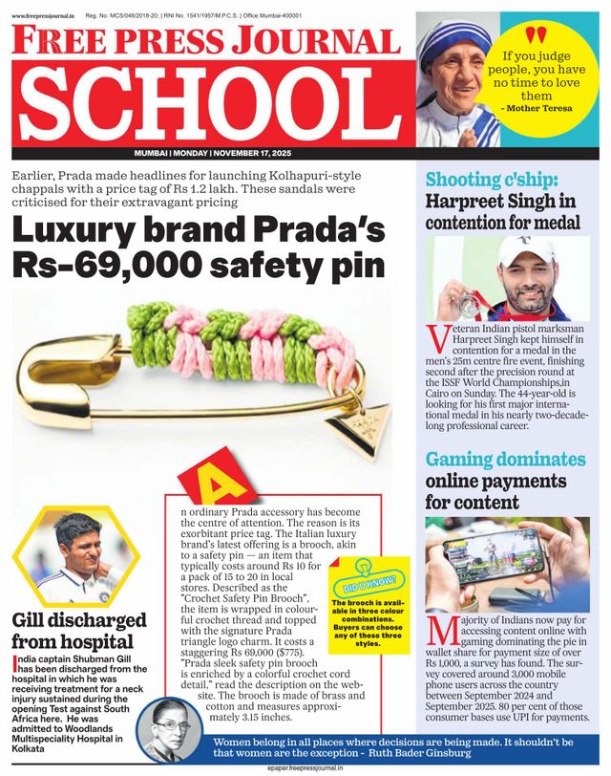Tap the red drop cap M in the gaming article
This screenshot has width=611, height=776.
[440, 632]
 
